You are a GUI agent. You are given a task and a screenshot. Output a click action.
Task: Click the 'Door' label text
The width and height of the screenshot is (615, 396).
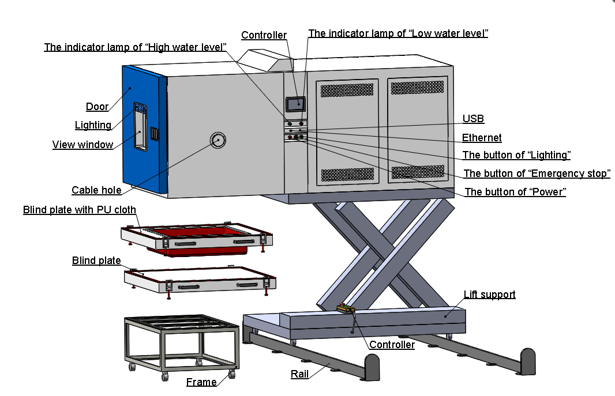coord(97,107)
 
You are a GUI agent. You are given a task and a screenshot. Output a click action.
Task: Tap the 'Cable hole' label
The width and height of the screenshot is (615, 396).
coord(96,190)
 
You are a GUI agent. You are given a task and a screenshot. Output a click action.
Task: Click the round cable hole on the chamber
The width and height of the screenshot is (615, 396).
coord(218,140)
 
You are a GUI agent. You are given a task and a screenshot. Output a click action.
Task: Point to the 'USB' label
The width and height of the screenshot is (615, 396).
coord(473,119)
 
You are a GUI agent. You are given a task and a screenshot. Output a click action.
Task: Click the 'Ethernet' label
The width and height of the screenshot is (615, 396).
coord(482,138)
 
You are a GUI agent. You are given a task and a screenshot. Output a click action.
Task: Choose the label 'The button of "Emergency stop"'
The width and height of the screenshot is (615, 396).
coord(537,174)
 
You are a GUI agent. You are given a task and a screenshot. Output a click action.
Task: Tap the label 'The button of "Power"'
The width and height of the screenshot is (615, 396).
coord(515,192)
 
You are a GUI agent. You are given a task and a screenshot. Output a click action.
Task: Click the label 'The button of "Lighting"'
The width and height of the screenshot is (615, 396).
coord(516,155)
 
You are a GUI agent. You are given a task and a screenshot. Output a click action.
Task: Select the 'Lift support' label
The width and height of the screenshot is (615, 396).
coord(489,295)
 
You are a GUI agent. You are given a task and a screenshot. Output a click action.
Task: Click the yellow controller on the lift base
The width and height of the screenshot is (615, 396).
coord(344,310)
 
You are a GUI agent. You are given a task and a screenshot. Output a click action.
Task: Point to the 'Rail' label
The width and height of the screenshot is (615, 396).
coord(299,374)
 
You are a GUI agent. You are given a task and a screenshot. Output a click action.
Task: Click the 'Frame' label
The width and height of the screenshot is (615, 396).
coord(201,382)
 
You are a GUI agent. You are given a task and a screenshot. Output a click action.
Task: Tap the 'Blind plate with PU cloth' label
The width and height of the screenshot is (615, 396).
coord(80,210)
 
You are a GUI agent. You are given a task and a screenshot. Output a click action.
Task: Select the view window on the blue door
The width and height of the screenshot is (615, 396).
coord(138,130)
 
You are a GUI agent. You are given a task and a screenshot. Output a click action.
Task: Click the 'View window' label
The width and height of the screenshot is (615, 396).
coord(82,145)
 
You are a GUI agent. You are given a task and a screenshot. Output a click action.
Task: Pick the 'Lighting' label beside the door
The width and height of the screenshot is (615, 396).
coord(93,125)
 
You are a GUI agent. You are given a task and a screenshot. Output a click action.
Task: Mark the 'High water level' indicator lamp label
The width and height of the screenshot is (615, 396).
coord(135,47)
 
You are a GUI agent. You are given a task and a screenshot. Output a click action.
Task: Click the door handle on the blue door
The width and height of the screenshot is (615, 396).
coord(154,133)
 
